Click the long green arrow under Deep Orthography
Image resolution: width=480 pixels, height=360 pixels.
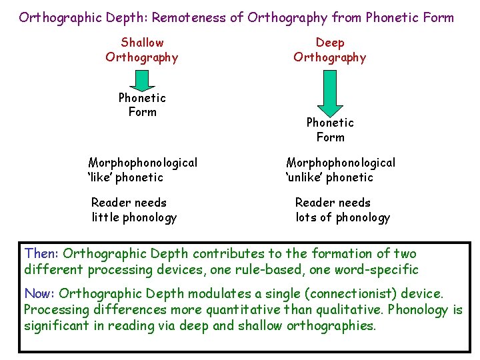click(329, 91)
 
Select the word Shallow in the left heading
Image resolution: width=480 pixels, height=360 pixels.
click(142, 43)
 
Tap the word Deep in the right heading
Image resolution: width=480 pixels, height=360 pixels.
click(330, 43)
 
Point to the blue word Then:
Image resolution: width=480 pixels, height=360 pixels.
click(41, 253)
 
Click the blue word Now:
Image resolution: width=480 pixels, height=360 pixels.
click(40, 294)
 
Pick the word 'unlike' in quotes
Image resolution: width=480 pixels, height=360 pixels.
click(309, 177)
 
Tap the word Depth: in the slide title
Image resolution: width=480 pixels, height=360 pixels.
click(125, 17)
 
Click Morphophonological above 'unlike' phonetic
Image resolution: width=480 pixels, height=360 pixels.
click(340, 163)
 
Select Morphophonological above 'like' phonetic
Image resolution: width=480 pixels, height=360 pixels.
click(143, 163)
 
